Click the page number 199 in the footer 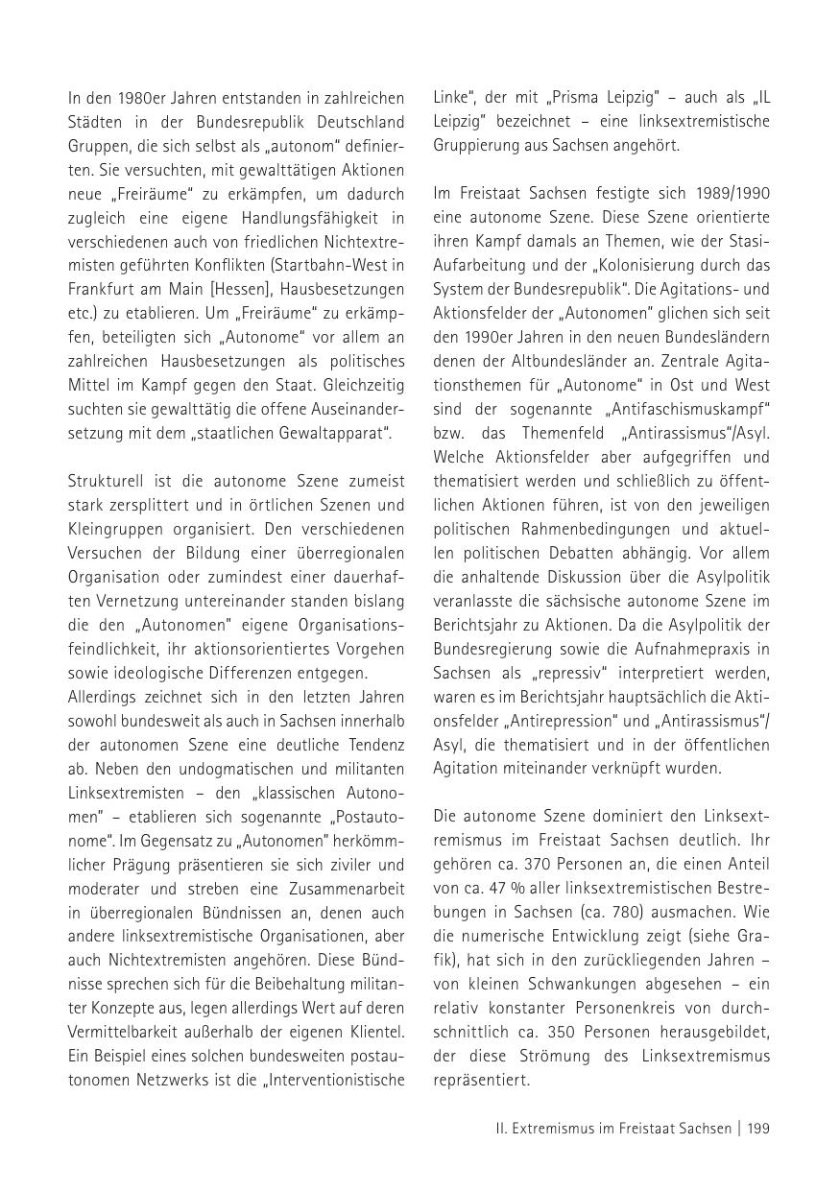point(758,1129)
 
